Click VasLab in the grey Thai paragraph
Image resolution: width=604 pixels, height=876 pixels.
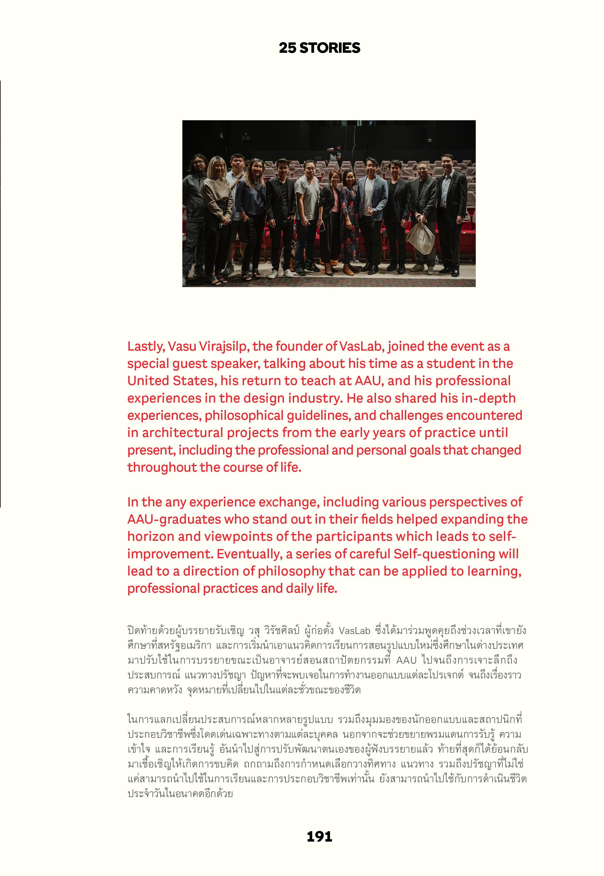point(354,631)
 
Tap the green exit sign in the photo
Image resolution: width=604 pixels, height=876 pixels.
point(246,139)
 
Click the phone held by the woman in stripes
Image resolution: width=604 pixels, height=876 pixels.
point(323,228)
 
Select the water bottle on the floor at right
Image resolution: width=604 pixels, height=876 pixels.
point(437,260)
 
